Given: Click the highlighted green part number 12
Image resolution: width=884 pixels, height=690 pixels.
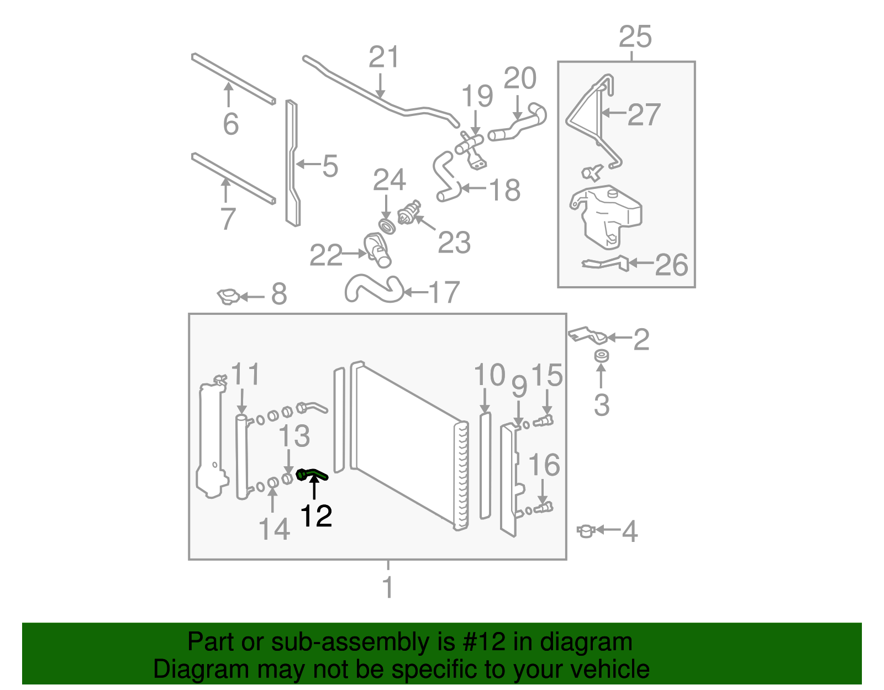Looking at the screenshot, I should (x=312, y=474).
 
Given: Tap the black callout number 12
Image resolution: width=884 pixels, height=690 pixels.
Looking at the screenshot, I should (x=316, y=516).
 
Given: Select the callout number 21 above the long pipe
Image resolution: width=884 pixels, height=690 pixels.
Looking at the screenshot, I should (x=383, y=57).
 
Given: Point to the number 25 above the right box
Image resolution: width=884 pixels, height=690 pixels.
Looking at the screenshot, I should (x=635, y=37).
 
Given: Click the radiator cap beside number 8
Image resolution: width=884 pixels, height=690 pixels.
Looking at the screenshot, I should (x=228, y=297).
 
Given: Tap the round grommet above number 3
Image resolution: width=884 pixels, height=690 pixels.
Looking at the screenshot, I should (x=601, y=356).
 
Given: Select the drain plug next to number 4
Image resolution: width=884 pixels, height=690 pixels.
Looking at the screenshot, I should (x=585, y=531).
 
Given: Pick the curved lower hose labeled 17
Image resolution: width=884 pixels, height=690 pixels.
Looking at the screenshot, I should (x=373, y=289).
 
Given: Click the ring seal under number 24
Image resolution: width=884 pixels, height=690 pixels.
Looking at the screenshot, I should (x=386, y=226).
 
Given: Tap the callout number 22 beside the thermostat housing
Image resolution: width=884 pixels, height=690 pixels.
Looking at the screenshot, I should (x=326, y=255).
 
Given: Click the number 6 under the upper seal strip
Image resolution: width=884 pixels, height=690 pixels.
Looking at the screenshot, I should (x=231, y=124).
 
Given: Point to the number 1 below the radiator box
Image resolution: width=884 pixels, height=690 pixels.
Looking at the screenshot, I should (x=388, y=587).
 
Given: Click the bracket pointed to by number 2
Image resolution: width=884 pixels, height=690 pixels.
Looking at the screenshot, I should (x=587, y=335).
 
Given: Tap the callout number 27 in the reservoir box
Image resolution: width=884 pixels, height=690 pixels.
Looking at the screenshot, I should (x=644, y=114).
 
